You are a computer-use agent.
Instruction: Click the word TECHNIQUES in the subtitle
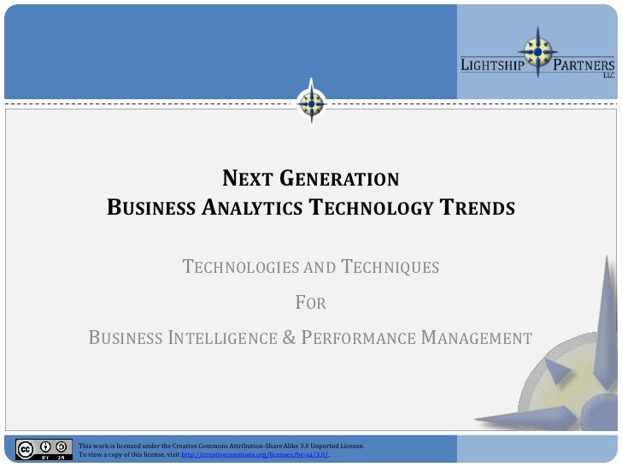point(390,268)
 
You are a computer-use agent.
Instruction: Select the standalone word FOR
point(310,303)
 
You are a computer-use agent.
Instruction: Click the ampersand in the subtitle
point(288,337)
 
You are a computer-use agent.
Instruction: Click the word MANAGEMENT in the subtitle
point(477,337)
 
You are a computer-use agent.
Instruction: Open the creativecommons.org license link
point(255,455)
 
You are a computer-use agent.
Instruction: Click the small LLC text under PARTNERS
point(608,75)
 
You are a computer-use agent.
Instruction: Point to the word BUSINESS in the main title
point(150,208)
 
